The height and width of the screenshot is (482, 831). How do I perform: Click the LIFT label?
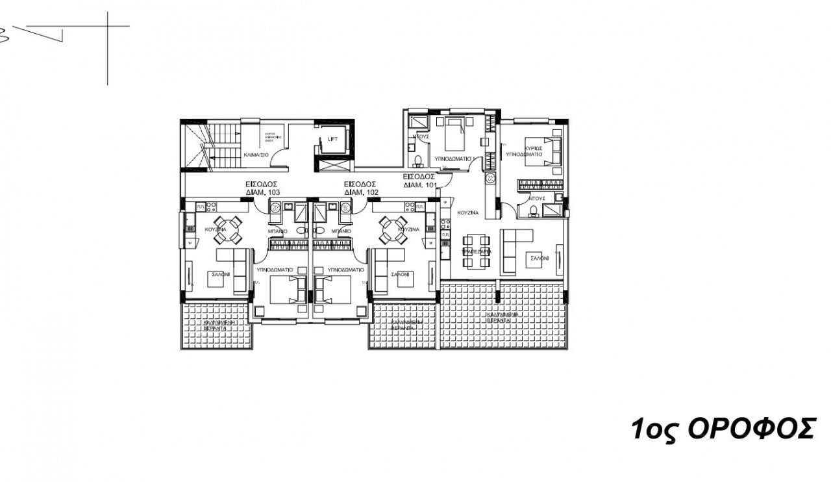coord(332,139)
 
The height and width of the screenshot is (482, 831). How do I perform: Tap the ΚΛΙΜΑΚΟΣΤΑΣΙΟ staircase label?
coord(256,156)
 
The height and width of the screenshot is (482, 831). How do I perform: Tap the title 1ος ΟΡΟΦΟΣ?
coord(722,429)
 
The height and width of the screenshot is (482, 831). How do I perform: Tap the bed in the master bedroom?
coord(549,151)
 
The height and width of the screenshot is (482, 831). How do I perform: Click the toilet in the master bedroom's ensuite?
coord(534,209)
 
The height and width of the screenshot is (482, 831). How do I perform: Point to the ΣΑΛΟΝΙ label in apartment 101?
coord(540,258)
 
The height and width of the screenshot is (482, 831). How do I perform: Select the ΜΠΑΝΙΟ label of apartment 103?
coord(277,231)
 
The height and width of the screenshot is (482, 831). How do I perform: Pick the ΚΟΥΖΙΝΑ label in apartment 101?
coord(467,212)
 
